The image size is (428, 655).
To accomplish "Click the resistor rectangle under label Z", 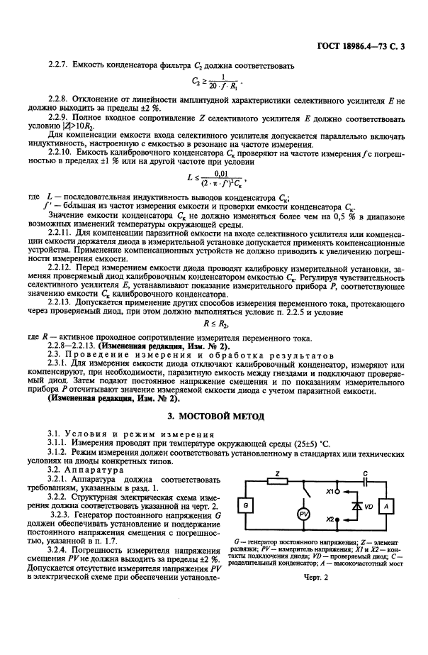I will tap(280, 480).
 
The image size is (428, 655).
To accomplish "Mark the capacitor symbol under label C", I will tap(365, 480).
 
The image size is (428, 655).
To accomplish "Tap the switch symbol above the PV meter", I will tap(305, 490).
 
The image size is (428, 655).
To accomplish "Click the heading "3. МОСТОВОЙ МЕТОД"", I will tap(213, 414).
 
